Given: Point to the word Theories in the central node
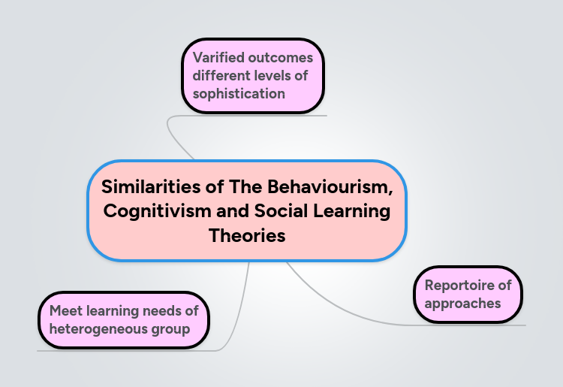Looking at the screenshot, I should click(247, 236).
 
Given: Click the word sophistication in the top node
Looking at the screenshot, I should click(239, 94).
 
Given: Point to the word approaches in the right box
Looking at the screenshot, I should click(462, 304).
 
